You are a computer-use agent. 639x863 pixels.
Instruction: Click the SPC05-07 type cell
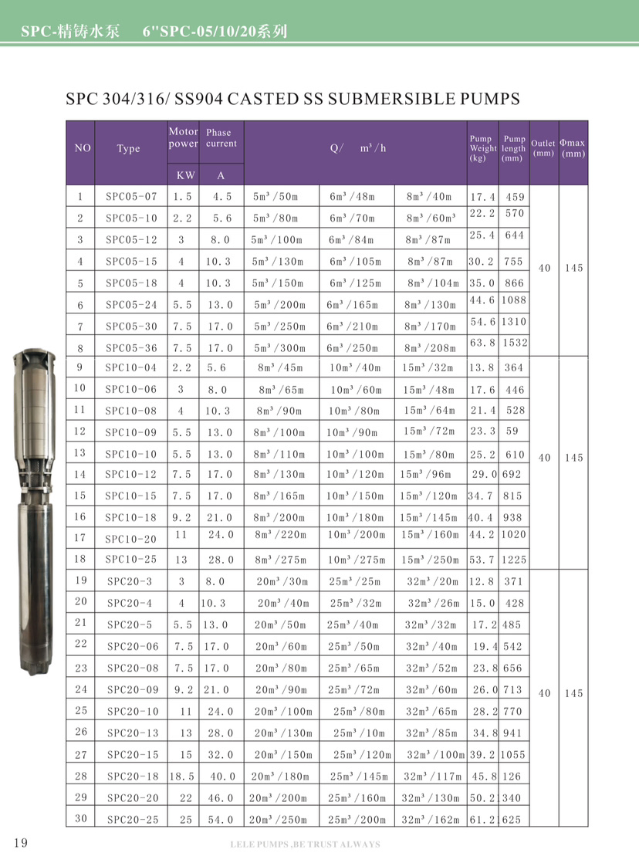(130, 197)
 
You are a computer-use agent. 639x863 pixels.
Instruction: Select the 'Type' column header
(128, 149)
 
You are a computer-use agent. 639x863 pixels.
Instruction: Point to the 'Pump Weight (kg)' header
(483, 148)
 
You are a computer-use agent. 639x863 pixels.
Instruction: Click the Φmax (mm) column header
(573, 148)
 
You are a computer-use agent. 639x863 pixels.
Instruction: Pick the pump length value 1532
(514, 342)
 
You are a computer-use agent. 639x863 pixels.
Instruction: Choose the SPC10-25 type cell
(130, 558)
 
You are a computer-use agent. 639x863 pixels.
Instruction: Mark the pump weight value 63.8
(482, 342)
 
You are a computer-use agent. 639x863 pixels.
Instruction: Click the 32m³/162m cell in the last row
(431, 819)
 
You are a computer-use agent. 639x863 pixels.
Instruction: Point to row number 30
(80, 818)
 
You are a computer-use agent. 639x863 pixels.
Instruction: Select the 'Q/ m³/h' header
(356, 148)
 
